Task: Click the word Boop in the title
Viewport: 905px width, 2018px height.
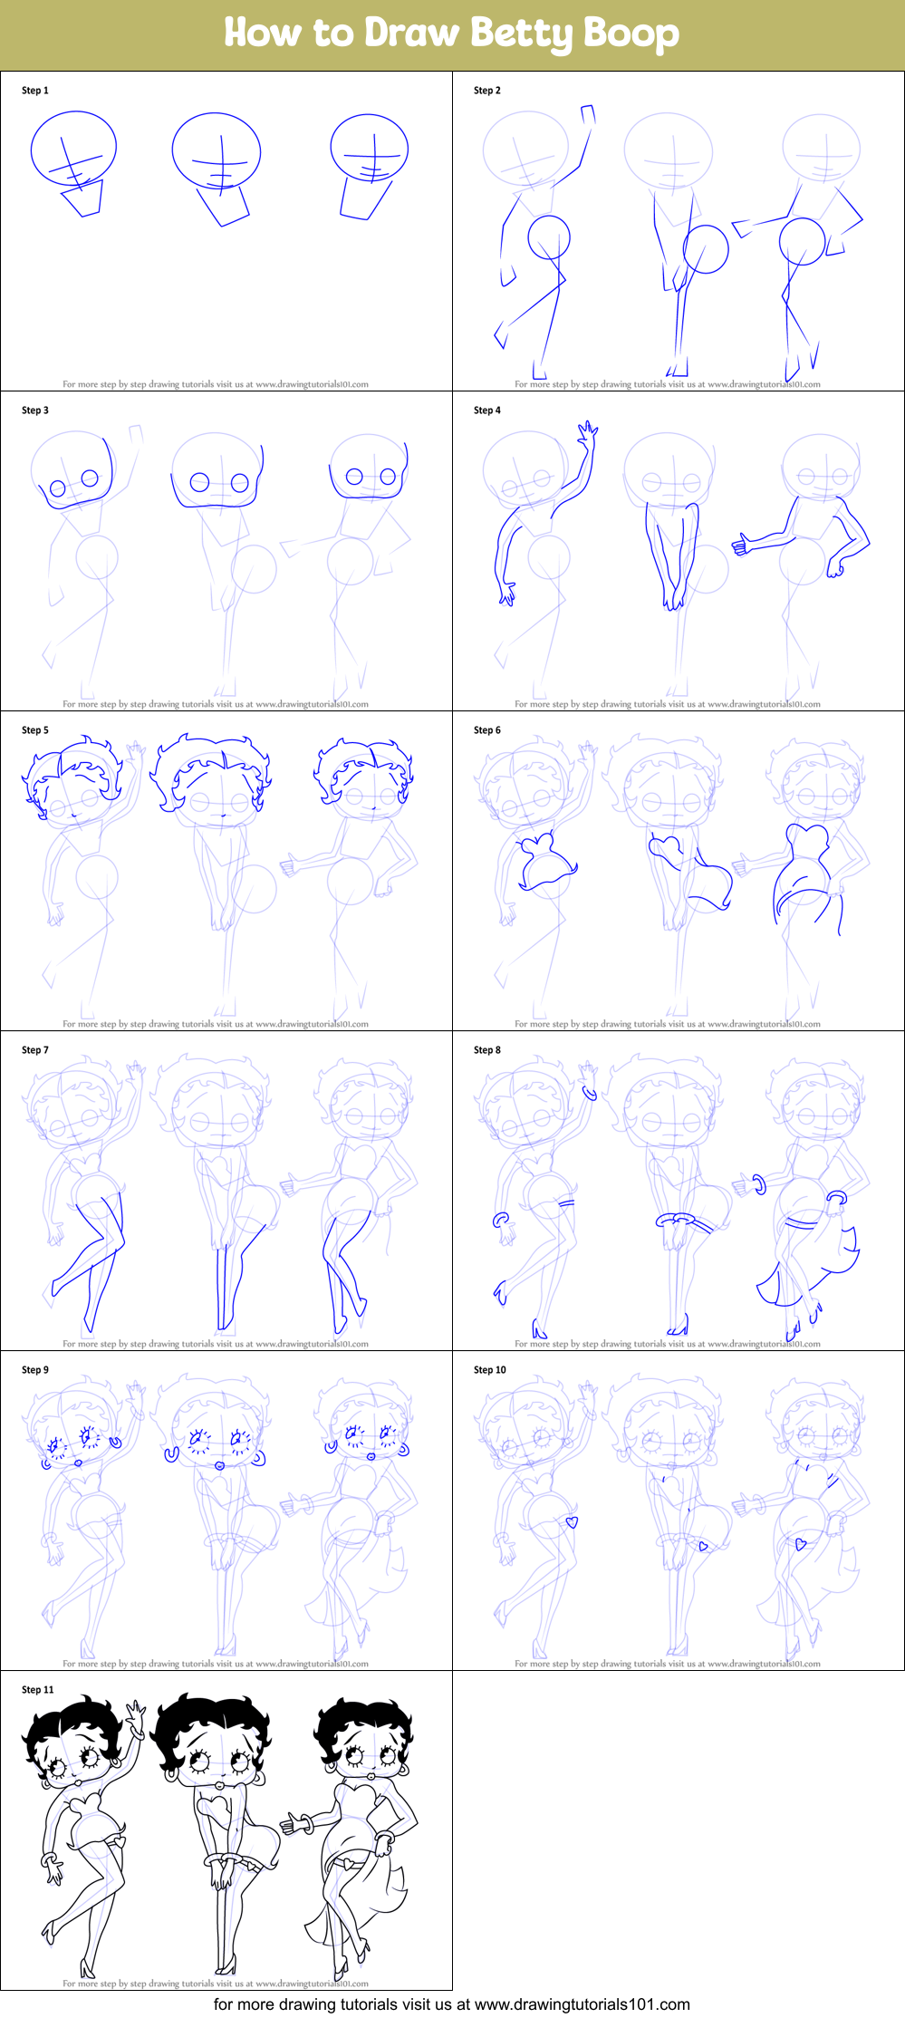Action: tap(631, 34)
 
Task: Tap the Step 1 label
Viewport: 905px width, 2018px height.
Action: tap(35, 91)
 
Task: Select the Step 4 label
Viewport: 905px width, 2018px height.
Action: tap(487, 410)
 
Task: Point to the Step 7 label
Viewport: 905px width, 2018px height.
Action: tap(35, 1050)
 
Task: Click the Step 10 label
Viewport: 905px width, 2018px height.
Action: tap(490, 1370)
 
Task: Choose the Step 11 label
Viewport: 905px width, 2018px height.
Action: tap(38, 1690)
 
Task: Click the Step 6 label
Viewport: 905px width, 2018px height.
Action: tap(487, 730)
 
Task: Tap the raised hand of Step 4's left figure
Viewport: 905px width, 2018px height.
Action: tap(589, 432)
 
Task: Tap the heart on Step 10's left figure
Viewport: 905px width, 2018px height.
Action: tap(572, 1522)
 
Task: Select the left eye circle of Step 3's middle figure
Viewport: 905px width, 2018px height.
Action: tap(199, 483)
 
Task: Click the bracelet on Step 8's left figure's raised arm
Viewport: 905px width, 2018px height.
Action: tap(590, 1092)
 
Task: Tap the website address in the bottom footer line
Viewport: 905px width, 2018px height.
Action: tap(582, 2004)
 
